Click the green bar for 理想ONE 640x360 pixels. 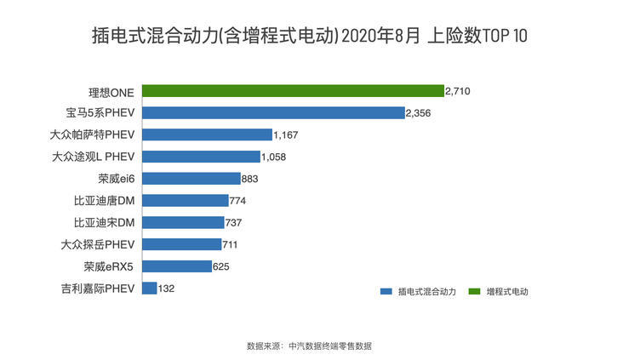(293, 90)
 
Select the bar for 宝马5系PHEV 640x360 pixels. (273, 112)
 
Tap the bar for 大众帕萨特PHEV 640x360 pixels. (207, 134)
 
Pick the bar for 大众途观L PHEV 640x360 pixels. (201, 157)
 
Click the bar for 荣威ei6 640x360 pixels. (191, 179)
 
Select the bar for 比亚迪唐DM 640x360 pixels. (185, 201)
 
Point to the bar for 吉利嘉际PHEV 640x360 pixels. (149, 289)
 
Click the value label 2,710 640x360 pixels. (458, 90)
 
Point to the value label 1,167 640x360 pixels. (287, 134)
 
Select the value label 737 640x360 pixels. (237, 223)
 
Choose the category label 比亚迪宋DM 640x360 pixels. (105, 223)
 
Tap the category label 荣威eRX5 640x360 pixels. (110, 266)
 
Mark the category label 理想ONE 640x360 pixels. (111, 91)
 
